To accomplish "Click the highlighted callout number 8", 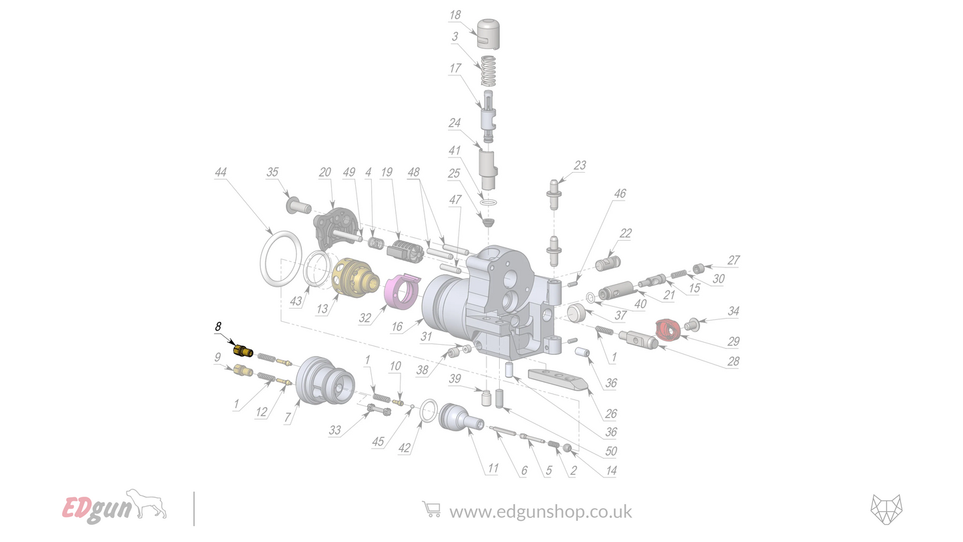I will pos(217,327).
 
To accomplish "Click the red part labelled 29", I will pos(669,327).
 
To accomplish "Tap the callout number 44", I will pos(221,173).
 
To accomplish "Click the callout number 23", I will pos(580,165).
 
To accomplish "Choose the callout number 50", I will pos(611,452).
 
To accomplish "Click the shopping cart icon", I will pos(431,510).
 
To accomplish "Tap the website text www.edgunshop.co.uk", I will pos(540,512).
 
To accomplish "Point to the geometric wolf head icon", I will pos(886,511).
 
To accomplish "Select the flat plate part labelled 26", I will pos(557,380).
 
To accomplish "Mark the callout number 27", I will pos(733,261).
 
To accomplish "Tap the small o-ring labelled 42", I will pos(430,411).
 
